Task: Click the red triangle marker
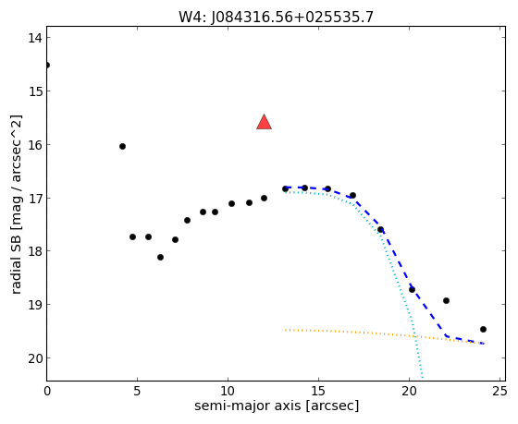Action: [x=264, y=122]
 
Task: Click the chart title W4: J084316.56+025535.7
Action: [x=276, y=17]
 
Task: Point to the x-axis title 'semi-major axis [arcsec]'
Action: [x=277, y=406]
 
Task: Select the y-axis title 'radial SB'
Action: [x=17, y=264]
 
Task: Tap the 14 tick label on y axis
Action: [x=35, y=38]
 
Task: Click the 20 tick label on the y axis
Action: [x=35, y=358]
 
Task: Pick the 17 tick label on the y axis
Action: [x=35, y=198]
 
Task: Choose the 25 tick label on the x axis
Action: [x=499, y=392]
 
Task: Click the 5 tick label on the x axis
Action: [x=137, y=392]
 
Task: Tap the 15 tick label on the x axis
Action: [x=318, y=392]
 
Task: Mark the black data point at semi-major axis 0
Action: [x=47, y=65]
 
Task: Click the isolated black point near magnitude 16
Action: [x=122, y=147]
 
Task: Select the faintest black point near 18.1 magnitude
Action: [x=161, y=258]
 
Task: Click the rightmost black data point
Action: [x=483, y=329]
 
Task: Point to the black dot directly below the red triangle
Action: [x=264, y=199]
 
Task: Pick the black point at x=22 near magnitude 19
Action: [x=446, y=300]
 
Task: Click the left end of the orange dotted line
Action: [x=286, y=330]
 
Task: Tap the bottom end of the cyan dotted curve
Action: [x=422, y=378]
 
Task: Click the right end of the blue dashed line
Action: [x=484, y=344]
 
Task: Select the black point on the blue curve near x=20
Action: [x=412, y=290]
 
